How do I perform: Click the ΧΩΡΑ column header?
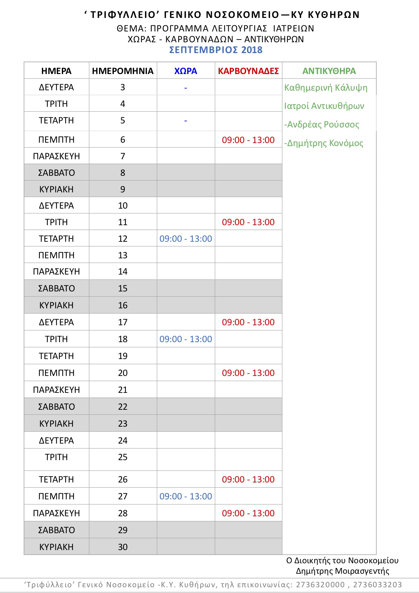tap(186, 71)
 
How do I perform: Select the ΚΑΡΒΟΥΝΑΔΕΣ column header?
tap(248, 71)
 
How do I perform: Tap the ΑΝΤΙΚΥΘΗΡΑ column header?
tap(329, 71)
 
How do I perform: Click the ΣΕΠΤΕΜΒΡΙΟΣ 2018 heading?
tap(216, 50)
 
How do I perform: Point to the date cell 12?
tap(123, 239)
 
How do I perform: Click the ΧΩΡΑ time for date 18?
tap(186, 339)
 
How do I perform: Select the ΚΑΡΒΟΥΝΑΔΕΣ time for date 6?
tap(248, 140)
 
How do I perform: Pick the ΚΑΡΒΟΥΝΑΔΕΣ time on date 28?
tap(248, 513)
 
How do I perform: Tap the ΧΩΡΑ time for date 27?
tap(186, 496)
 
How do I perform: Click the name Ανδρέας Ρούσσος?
tap(323, 124)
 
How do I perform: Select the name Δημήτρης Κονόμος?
tap(325, 143)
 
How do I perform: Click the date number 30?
tap(123, 547)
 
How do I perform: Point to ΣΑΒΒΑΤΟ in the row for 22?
tap(56, 407)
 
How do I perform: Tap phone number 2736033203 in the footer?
tap(377, 585)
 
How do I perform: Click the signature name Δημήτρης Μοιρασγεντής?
tap(342, 571)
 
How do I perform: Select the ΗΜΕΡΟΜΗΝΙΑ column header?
tap(123, 71)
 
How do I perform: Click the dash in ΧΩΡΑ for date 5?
tap(186, 121)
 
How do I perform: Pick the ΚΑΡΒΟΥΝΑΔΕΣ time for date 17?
tap(248, 322)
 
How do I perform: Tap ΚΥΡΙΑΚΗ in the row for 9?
tap(56, 189)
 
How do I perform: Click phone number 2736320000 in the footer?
tap(320, 585)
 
